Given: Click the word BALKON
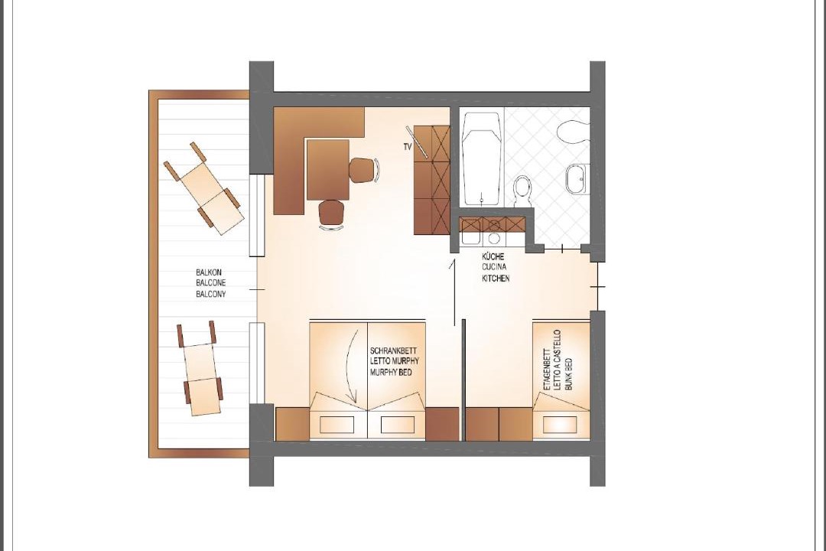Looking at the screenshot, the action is coord(209,272).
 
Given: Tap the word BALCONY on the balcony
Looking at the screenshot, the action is coord(211,294).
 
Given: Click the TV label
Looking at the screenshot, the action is coord(407,148).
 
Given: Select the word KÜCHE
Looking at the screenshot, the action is coord(493,256).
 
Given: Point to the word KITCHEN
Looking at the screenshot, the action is coord(496,278).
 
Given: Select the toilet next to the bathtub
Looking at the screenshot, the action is coord(522,191).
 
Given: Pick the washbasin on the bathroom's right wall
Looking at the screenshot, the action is coord(576,179).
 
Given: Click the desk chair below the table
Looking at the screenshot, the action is coord(332,214).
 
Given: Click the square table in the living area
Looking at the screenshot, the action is coord(327,170).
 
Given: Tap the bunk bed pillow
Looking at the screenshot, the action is coord(561,425).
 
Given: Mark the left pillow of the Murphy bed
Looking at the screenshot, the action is coord(338,424).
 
